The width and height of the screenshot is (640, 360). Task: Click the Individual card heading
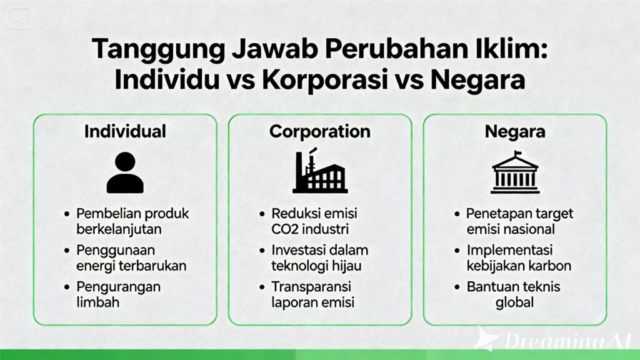pyautogui.click(x=125, y=132)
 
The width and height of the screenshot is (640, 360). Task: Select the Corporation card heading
pyautogui.click(x=319, y=132)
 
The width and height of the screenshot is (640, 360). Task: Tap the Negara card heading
pyautogui.click(x=515, y=132)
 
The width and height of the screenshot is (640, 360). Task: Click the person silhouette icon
pyautogui.click(x=125, y=172)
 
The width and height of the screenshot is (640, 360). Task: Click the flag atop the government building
pyautogui.click(x=518, y=154)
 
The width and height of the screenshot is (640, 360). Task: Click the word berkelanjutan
pyautogui.click(x=119, y=229)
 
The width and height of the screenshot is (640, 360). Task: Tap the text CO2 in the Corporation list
pyautogui.click(x=286, y=229)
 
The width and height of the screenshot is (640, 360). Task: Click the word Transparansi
pyautogui.click(x=311, y=287)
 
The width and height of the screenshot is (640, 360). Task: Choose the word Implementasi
pyautogui.click(x=515, y=250)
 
